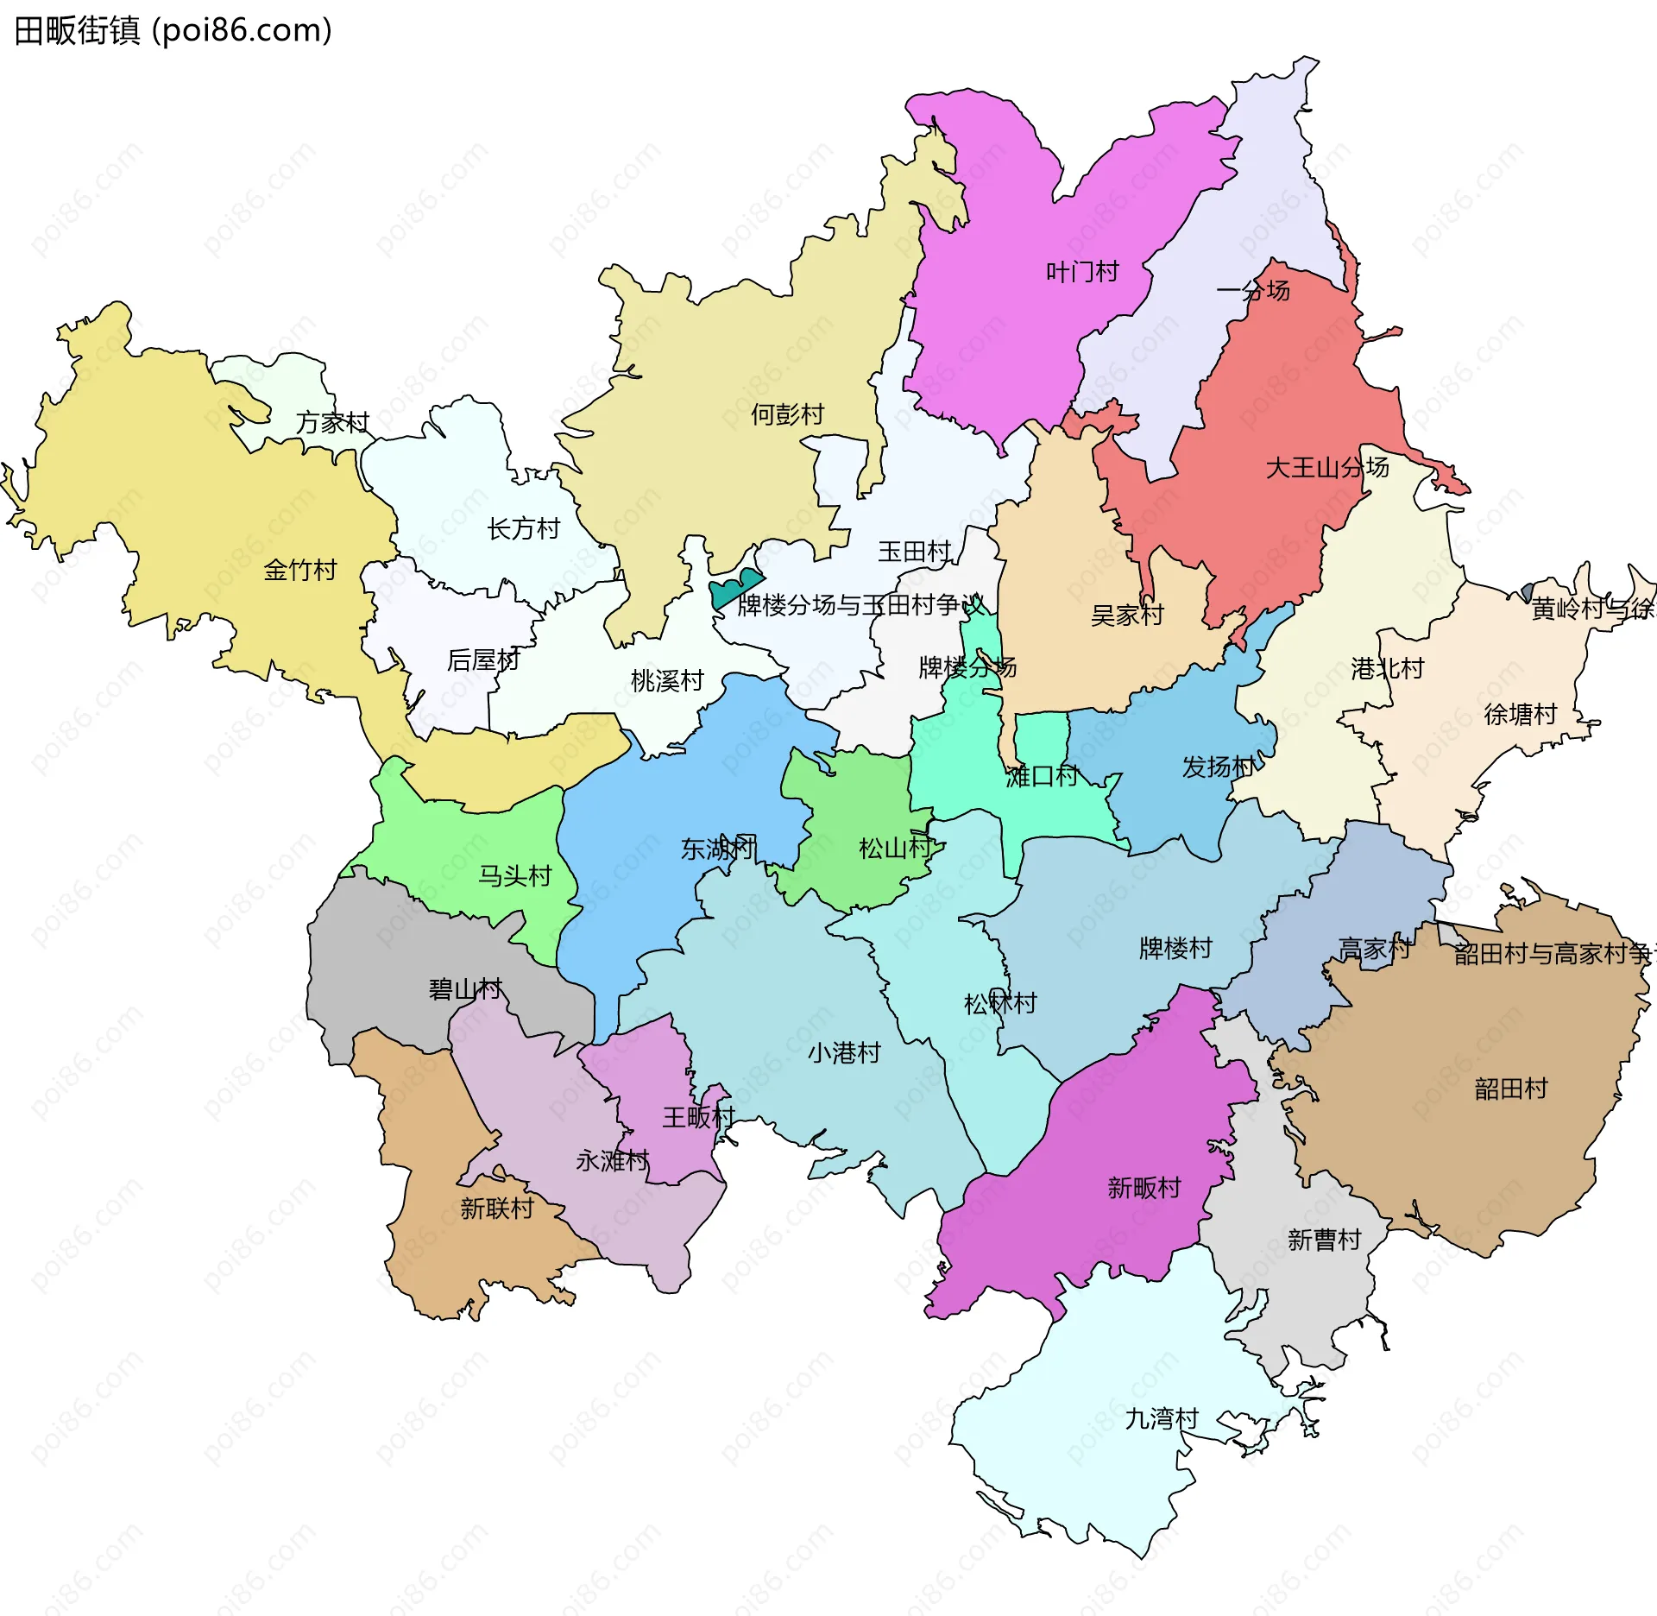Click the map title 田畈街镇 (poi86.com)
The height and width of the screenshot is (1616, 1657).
tap(173, 31)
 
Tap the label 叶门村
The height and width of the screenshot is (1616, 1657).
tap(1082, 273)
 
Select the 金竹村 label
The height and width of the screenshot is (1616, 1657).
tap(299, 570)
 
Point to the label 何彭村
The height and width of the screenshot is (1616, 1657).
tap(787, 414)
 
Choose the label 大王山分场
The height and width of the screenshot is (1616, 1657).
tap(1326, 468)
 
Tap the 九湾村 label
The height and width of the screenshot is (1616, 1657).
tap(1162, 1418)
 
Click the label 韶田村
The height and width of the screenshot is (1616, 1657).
tap(1511, 1089)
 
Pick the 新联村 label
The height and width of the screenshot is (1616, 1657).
tap(496, 1208)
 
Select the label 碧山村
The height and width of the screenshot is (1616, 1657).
tap(465, 989)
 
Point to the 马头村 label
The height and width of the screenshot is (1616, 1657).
tap(514, 876)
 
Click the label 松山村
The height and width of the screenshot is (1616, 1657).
tap(895, 849)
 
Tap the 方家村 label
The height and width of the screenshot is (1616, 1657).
tap(332, 422)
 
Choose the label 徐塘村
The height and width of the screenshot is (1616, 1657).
tap(1520, 714)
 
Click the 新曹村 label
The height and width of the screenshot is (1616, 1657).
tap(1324, 1240)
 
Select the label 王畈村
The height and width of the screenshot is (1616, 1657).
tap(698, 1117)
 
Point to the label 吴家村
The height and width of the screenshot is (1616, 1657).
tap(1127, 615)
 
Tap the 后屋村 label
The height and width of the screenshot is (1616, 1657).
tap(483, 660)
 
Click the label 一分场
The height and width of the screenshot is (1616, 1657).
tap(1253, 291)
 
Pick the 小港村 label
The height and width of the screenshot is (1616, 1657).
tap(843, 1053)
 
